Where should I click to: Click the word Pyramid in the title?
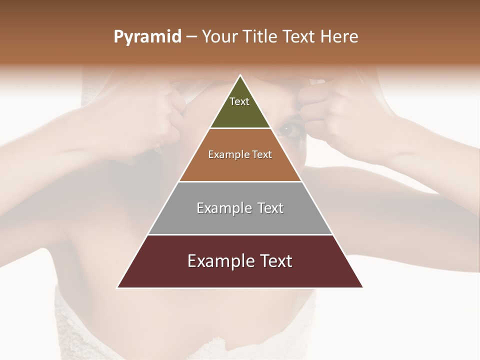(147, 37)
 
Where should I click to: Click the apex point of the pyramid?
(240, 75)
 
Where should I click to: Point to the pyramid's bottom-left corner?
(118, 287)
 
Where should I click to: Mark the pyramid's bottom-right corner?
(362, 287)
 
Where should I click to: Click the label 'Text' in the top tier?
(239, 101)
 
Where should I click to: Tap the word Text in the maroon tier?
(273, 261)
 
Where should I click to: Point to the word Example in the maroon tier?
(218, 261)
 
